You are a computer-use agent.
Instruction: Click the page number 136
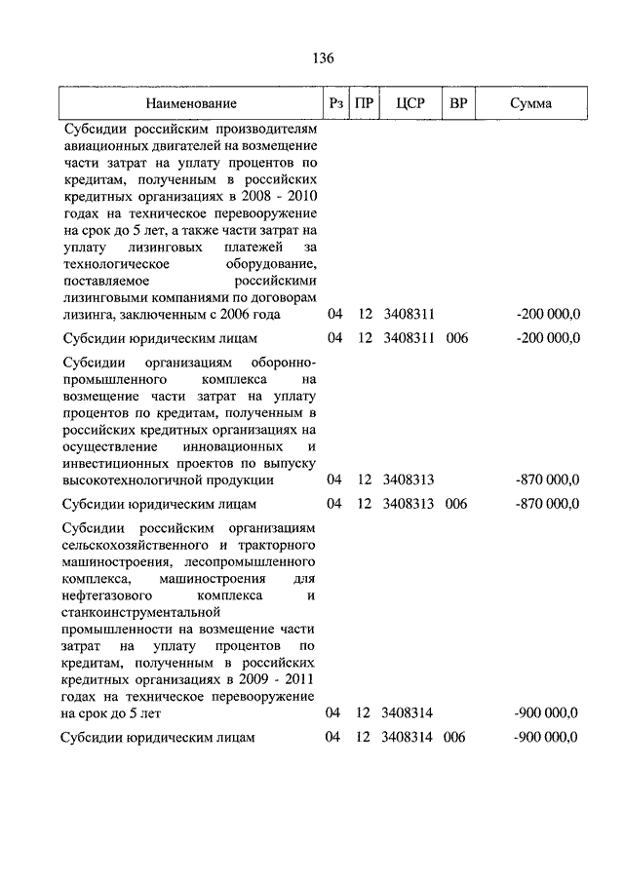point(324,58)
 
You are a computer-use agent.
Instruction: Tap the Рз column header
point(334,102)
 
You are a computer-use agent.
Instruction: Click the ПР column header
point(364,102)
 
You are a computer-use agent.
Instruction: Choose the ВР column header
point(456,102)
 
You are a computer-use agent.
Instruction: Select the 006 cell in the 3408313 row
point(456,504)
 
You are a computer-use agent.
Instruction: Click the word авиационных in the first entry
point(106,146)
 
